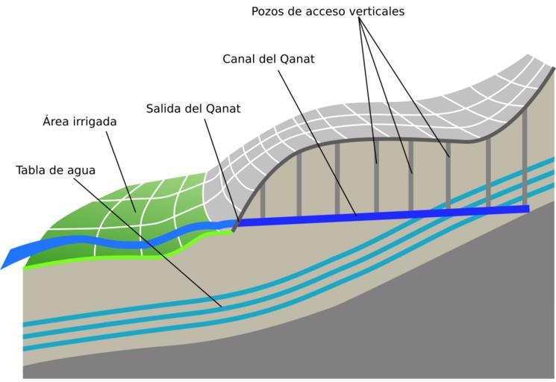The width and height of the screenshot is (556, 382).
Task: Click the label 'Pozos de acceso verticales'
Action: (328, 11)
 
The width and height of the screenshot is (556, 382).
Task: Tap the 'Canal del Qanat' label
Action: (269, 58)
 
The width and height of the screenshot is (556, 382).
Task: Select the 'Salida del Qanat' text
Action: (193, 108)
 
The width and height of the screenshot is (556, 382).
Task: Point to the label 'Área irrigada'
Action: (80, 121)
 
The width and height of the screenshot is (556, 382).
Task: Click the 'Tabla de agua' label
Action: (55, 170)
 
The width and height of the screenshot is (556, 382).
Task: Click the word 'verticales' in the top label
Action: (375, 11)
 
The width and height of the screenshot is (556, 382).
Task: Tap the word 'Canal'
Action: (239, 58)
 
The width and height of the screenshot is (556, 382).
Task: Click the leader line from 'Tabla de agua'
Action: (149, 239)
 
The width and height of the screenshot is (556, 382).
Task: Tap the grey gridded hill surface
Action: (358, 112)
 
